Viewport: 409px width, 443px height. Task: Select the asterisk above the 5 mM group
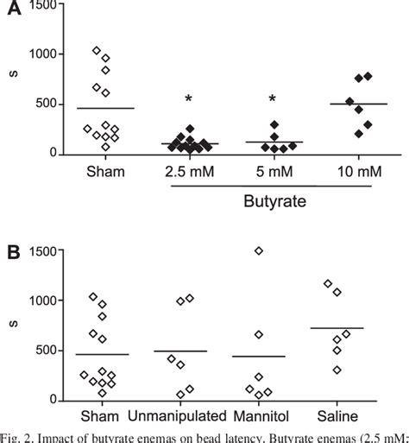click(x=274, y=99)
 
